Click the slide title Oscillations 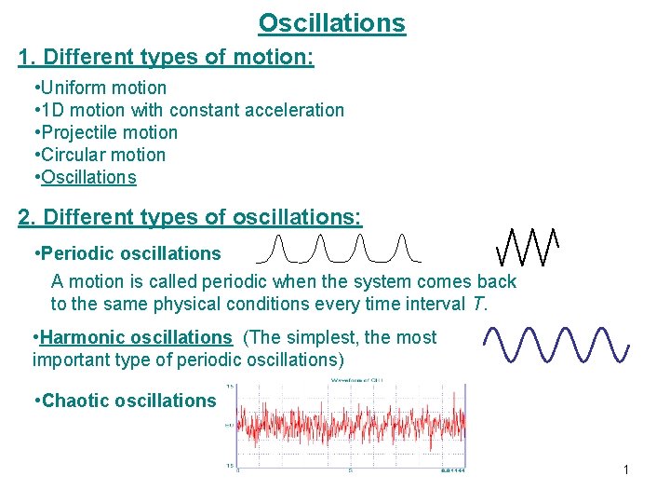pos(332,22)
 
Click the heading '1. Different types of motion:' pos(166,58)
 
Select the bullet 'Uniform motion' pos(103,88)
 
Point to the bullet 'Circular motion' pos(102,155)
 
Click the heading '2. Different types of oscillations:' pos(190,217)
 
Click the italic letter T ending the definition pos(480,304)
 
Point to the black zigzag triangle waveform pos(528,246)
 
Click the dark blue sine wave pos(557,344)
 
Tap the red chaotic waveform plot pos(350,427)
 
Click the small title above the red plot pos(350,381)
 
